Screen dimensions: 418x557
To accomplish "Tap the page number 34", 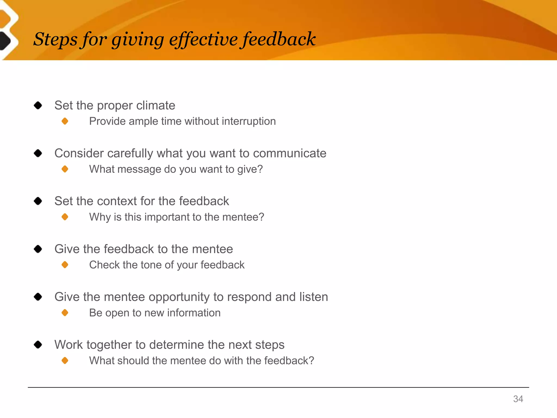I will pos(518,399).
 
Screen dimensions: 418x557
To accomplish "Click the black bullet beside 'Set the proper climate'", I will pos(38,105).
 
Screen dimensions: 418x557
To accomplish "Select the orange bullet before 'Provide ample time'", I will pos(65,121).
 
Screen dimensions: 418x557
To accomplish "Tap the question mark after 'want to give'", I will pos(260,169).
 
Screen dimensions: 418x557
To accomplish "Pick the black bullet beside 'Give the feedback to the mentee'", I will pos(38,249).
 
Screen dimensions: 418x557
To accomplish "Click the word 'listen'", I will pos(313,297).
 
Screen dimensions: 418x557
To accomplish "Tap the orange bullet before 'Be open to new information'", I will pos(65,313).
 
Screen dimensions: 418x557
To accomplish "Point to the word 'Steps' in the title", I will pos(55,39).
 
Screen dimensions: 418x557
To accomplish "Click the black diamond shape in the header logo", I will pos(5,41).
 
